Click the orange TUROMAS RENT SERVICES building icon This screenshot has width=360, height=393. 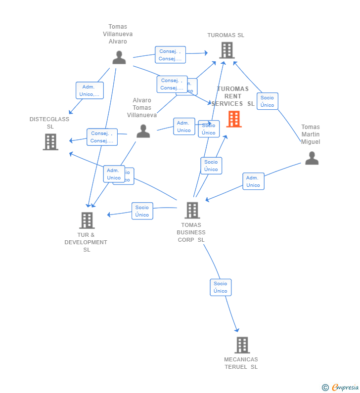(x=234, y=119)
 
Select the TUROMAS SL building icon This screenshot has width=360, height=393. (x=226, y=50)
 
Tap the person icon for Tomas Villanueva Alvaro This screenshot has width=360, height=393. (x=119, y=58)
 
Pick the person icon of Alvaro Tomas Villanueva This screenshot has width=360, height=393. (x=143, y=131)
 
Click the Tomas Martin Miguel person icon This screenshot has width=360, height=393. (x=312, y=158)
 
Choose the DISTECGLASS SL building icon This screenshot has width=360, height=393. (x=50, y=142)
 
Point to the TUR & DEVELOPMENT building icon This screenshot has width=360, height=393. (x=87, y=220)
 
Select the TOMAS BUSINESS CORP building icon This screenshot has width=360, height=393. (x=192, y=210)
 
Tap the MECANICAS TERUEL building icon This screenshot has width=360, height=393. (x=242, y=345)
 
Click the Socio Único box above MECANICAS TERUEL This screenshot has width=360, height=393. (x=221, y=287)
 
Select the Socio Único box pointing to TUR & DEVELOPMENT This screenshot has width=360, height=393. (x=142, y=211)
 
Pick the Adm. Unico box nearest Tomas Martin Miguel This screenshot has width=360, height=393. (x=253, y=181)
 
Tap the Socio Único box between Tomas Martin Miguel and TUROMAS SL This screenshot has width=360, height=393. (x=267, y=101)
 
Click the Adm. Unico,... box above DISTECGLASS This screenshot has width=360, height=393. (x=90, y=90)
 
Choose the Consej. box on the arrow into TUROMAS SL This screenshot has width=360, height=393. (x=170, y=55)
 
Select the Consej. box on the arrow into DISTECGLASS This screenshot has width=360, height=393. (x=102, y=137)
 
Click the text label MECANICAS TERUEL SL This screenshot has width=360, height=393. (x=241, y=363)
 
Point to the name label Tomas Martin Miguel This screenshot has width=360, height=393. (x=311, y=134)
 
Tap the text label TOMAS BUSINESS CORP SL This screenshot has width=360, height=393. (x=191, y=232)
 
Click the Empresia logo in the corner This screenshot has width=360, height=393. (x=340, y=388)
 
